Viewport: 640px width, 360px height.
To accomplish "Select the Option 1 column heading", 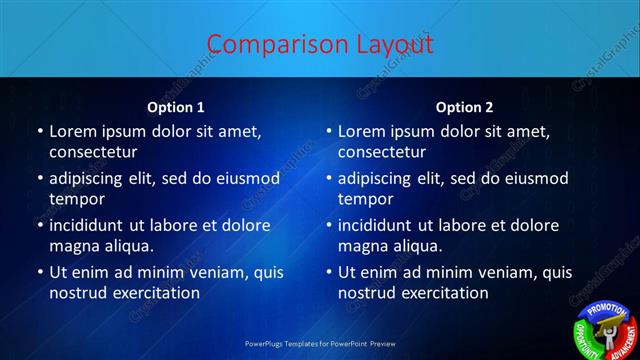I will tap(176, 107).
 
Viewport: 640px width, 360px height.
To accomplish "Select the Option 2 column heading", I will tap(464, 107).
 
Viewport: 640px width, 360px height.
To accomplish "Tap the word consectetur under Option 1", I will tap(93, 152).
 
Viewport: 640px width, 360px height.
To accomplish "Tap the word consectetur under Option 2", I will tap(382, 152).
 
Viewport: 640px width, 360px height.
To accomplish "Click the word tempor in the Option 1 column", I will tap(77, 199).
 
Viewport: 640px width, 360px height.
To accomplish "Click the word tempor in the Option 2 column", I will tap(366, 199).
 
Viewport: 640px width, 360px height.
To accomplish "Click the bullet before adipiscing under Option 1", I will tap(39, 179).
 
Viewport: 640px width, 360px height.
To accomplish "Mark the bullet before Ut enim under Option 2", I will tap(328, 273).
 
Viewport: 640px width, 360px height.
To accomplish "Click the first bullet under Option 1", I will tap(39, 132).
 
